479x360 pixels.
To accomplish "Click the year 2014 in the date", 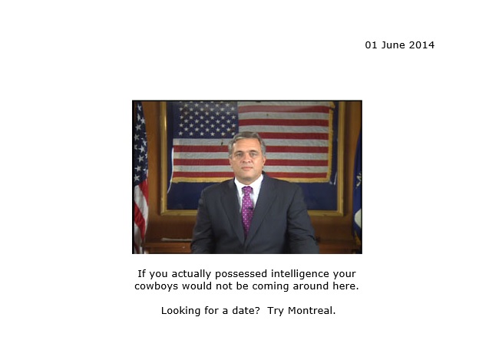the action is click(421, 45).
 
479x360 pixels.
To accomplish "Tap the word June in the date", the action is click(394, 45).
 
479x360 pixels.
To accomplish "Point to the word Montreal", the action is click(312, 311).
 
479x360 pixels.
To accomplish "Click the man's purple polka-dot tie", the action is click(247, 209).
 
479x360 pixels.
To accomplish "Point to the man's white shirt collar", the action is click(249, 184).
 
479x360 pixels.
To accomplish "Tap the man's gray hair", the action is click(247, 140).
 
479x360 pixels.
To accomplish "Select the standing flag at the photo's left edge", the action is click(140, 177).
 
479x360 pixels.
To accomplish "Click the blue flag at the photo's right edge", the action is click(357, 196).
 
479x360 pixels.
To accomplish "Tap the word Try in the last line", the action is click(276, 311).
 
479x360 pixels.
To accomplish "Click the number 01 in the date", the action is click(372, 45).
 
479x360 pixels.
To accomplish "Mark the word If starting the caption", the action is click(141, 273).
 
